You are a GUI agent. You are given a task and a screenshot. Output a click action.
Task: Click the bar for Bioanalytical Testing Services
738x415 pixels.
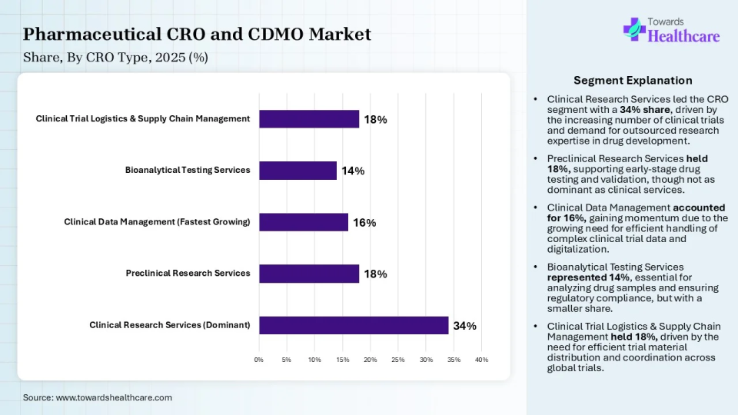point(298,171)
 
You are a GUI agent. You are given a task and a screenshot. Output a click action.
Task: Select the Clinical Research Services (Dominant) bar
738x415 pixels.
point(354,325)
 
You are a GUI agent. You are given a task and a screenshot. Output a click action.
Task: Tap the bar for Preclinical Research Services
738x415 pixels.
point(309,274)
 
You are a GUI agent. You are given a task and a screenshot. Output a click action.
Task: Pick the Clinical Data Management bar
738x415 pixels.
point(304,222)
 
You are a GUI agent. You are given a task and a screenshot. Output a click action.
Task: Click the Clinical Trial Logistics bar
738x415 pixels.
point(309,119)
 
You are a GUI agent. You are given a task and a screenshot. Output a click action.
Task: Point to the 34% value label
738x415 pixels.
point(464,326)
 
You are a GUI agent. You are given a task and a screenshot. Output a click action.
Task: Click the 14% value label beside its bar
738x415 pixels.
point(353,171)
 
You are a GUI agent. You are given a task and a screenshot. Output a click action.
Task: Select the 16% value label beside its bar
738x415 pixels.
point(364,223)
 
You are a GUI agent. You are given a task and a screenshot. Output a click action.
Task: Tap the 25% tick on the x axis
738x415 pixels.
point(397,360)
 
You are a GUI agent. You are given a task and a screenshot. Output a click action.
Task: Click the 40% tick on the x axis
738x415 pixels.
point(481,360)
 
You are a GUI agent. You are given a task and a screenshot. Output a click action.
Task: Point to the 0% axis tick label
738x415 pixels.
point(259,360)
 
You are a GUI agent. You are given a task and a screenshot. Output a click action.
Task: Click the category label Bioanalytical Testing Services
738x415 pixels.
point(188,170)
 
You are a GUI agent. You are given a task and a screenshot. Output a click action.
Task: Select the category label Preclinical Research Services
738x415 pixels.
point(188,273)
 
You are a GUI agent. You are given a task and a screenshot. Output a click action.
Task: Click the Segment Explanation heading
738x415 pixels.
point(633,81)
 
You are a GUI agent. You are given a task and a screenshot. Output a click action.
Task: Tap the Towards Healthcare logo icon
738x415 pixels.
point(633,29)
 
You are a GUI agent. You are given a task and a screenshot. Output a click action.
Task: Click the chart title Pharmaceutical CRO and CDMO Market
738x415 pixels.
point(197,35)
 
